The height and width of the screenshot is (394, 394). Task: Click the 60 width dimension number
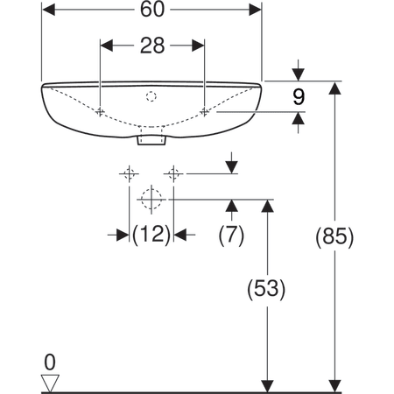[152, 10]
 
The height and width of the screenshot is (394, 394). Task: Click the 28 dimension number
[152, 46]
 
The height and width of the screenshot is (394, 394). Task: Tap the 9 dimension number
[299, 97]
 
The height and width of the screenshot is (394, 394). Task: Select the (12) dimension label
[151, 235]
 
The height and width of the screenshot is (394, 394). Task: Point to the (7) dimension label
[231, 235]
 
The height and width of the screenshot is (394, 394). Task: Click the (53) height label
[266, 289]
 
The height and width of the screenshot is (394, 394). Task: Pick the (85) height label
[334, 236]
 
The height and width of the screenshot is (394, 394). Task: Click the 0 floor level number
[50, 362]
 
